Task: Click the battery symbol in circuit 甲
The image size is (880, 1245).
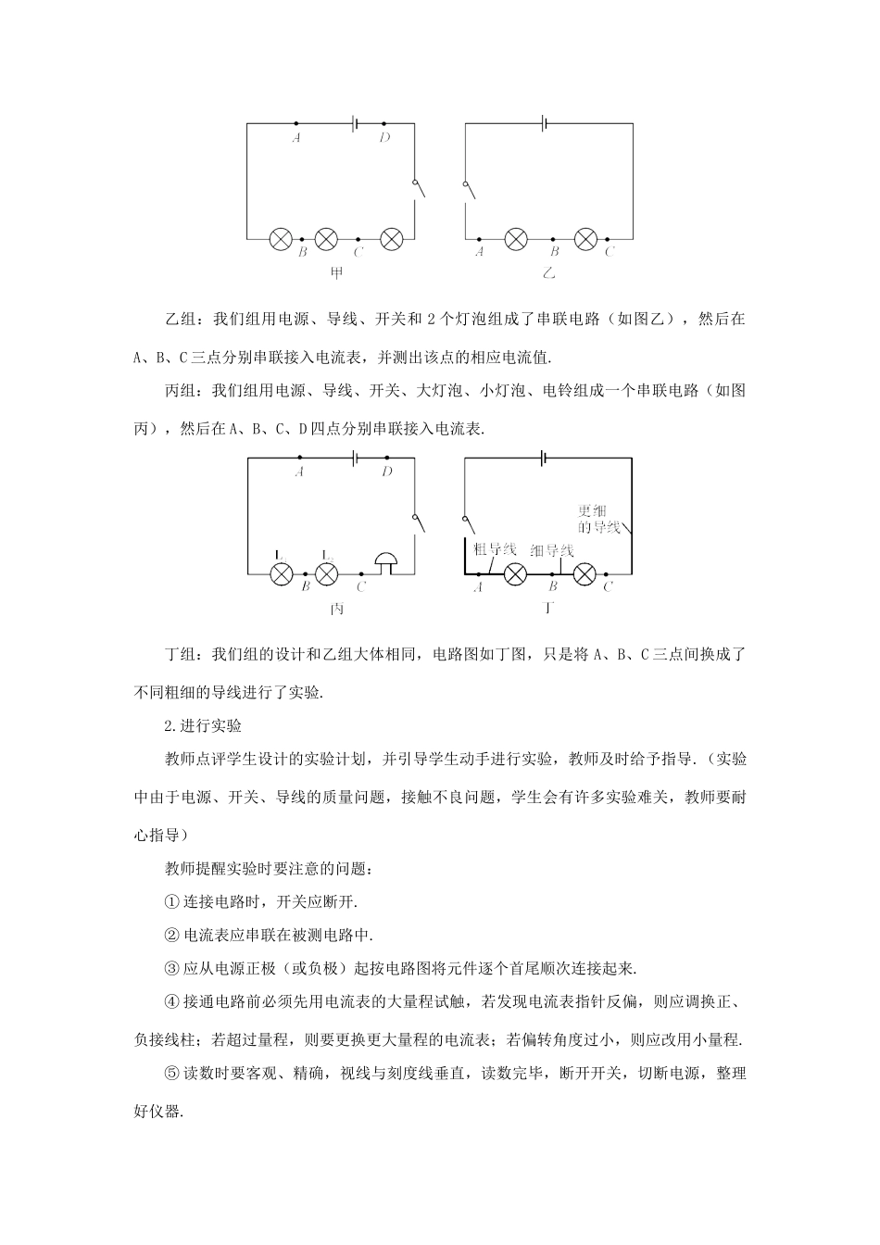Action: tap(356, 123)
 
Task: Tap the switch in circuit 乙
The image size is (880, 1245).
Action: tap(468, 189)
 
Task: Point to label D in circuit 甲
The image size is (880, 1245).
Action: tap(384, 137)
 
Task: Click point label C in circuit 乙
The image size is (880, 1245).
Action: tap(610, 251)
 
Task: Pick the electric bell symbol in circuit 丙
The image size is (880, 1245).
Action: tap(385, 563)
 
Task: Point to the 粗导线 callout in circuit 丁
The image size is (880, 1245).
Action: tap(495, 548)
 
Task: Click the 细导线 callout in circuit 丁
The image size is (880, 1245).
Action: tap(552, 550)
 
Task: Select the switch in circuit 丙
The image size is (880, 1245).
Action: tap(419, 523)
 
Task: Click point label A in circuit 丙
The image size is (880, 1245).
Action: tap(299, 471)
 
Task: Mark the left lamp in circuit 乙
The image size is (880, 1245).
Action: tap(515, 238)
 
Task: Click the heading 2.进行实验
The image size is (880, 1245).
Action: tap(203, 725)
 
